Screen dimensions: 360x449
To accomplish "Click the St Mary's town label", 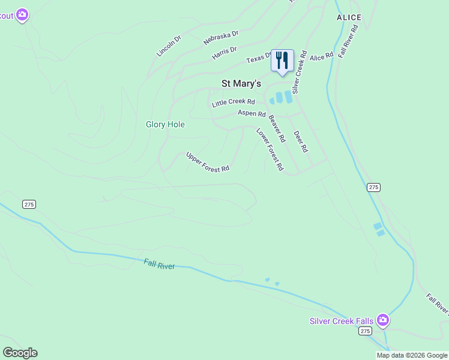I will point(241,83).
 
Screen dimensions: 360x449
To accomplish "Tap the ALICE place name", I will point(349,18).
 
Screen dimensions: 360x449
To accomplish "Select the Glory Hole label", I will point(165,125).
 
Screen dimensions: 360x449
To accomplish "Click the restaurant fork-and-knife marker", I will point(282,60).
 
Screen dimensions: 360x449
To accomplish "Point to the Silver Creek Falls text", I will point(341,321).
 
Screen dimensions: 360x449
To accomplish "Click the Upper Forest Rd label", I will point(208,161).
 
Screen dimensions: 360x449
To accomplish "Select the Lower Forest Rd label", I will point(270,149).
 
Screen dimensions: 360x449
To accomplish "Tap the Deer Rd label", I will point(301,142).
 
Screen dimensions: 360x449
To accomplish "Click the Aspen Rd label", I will point(252,113).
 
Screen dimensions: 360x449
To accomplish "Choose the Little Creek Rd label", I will point(234,103).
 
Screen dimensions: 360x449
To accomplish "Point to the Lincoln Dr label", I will point(169,46).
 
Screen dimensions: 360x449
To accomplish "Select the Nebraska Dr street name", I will point(221,37).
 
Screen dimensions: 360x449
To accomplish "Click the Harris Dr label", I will point(224,53).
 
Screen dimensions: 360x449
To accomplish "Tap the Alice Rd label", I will point(321,56).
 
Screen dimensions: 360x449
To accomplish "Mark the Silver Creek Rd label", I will point(300,71).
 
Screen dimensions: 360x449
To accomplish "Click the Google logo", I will point(20,353).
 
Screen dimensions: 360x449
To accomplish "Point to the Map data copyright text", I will point(412,355).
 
